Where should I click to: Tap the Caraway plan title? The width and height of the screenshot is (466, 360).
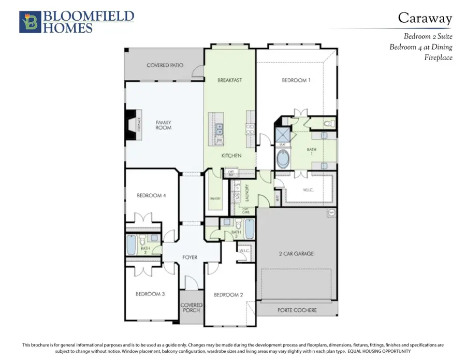(425, 18)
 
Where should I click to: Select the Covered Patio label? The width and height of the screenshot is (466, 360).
(165, 66)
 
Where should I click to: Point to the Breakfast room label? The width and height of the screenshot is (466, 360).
(229, 80)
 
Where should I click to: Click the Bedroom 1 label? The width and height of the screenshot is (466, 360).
(296, 80)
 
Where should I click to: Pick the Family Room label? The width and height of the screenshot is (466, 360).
(164, 125)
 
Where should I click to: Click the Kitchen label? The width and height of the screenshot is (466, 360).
(229, 155)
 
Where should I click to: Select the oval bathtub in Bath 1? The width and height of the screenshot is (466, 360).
(283, 159)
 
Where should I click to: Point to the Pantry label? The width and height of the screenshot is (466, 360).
(216, 198)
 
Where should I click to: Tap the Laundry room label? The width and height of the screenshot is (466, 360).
(247, 193)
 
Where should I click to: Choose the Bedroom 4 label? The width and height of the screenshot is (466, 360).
(151, 195)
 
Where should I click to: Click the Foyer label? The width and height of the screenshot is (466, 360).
(191, 257)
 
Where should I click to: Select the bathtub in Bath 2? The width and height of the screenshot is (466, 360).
(132, 245)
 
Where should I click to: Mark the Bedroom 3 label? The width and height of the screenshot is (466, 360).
(150, 294)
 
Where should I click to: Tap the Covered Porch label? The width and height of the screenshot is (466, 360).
(191, 308)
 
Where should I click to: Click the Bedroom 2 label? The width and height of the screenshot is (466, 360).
(228, 294)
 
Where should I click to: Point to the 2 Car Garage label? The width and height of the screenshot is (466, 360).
(296, 254)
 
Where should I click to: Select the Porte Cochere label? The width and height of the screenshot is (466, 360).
(296, 310)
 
